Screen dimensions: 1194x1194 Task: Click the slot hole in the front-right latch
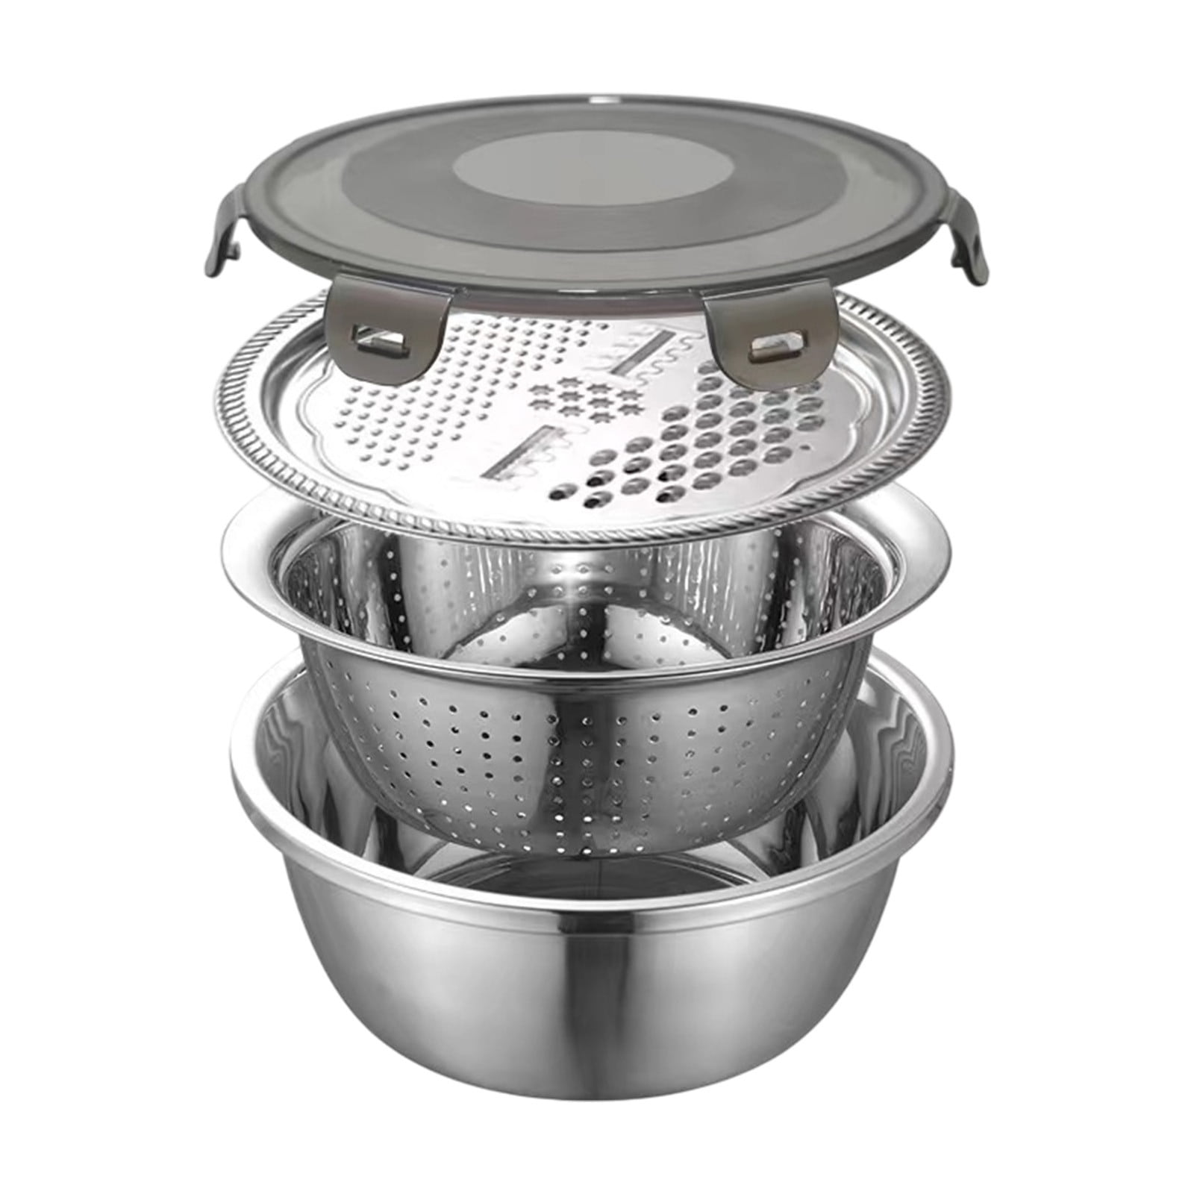coord(769,324)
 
